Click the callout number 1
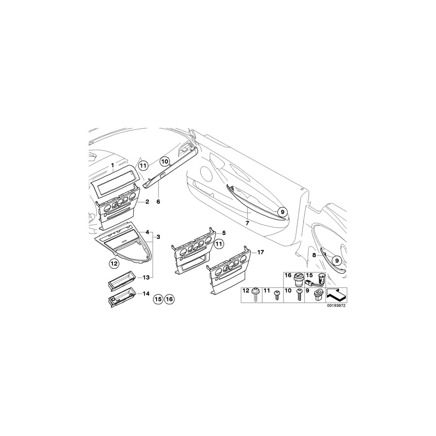(x=112, y=166)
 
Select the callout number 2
(x=147, y=202)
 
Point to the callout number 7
(x=247, y=223)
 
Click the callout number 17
(x=261, y=252)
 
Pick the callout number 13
(x=146, y=277)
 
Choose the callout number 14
(x=146, y=294)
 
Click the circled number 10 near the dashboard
(x=165, y=161)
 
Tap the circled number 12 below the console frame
(x=114, y=263)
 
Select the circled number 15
(x=158, y=299)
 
